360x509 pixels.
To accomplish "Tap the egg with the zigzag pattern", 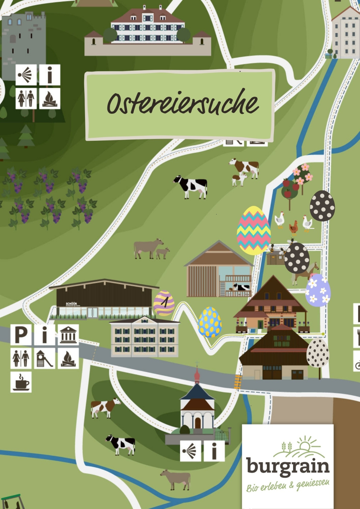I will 253,230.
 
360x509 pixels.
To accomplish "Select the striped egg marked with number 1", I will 164,303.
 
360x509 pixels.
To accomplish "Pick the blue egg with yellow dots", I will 210,322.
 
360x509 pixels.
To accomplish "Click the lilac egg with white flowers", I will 318,290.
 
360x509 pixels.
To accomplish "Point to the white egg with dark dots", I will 318,353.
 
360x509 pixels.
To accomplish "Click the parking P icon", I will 21,335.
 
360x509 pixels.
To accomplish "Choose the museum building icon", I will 68,335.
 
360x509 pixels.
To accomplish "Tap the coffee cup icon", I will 21,382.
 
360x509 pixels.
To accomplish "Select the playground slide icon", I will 45,359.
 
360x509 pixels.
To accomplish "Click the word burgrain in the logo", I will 288,466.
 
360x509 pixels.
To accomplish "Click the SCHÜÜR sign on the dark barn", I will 71,304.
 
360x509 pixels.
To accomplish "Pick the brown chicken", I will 294,227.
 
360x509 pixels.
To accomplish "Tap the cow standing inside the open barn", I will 241,287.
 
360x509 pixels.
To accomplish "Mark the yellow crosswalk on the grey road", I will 238,382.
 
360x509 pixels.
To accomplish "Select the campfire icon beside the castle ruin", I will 50,98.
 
